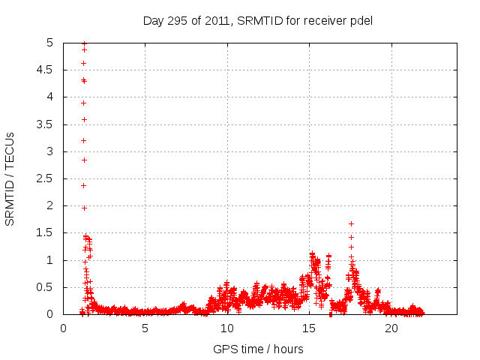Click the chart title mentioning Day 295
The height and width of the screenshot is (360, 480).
tap(257, 20)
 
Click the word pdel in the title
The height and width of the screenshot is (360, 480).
tap(361, 20)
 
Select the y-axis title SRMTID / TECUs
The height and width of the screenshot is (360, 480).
tap(10, 178)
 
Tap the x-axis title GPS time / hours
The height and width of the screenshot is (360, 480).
tap(257, 349)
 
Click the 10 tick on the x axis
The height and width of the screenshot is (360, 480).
tap(227, 328)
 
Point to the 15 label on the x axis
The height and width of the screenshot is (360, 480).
tap(310, 328)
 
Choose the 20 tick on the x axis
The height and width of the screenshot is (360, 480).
tap(391, 328)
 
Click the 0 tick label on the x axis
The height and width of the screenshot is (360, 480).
tap(63, 328)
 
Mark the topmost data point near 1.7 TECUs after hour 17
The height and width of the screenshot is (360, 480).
tap(351, 223)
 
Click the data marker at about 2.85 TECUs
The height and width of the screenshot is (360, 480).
tap(84, 160)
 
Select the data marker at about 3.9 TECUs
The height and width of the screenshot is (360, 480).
tap(84, 103)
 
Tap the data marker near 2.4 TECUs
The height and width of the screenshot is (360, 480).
tap(84, 185)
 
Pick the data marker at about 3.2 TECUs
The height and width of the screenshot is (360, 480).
tap(84, 140)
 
